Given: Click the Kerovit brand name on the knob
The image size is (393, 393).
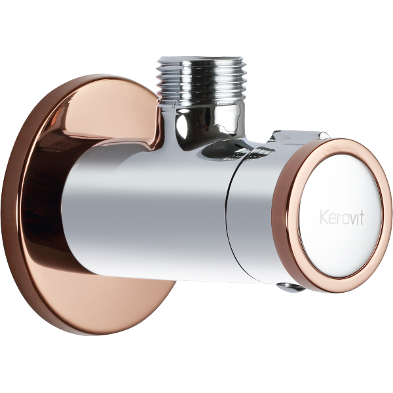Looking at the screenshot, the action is point(342,217).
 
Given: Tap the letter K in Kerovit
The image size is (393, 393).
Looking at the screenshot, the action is point(324,217).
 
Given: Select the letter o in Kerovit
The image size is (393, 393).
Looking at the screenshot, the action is point(343,219).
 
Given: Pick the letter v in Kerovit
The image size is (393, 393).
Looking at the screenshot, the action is point(352,219).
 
